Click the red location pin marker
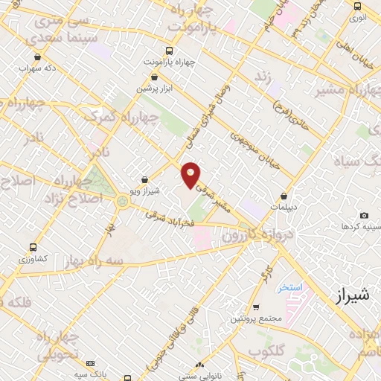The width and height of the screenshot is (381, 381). pyautogui.click(x=191, y=175)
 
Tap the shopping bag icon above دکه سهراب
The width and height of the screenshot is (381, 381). pyautogui.click(x=37, y=57)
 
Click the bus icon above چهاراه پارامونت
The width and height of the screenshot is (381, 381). pyautogui.click(x=169, y=51)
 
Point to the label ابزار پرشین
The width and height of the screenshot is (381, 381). pyautogui.click(x=153, y=88)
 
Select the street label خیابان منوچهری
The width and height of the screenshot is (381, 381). pyautogui.click(x=255, y=152)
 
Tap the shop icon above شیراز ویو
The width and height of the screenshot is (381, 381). pyautogui.click(x=144, y=179)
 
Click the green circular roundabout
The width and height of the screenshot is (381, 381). pyautogui.click(x=122, y=199)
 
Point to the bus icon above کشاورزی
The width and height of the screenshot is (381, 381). pyautogui.click(x=33, y=247)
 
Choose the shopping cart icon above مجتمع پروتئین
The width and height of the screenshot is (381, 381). pyautogui.click(x=256, y=307)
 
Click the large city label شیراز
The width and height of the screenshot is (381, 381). pyautogui.click(x=348, y=297)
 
